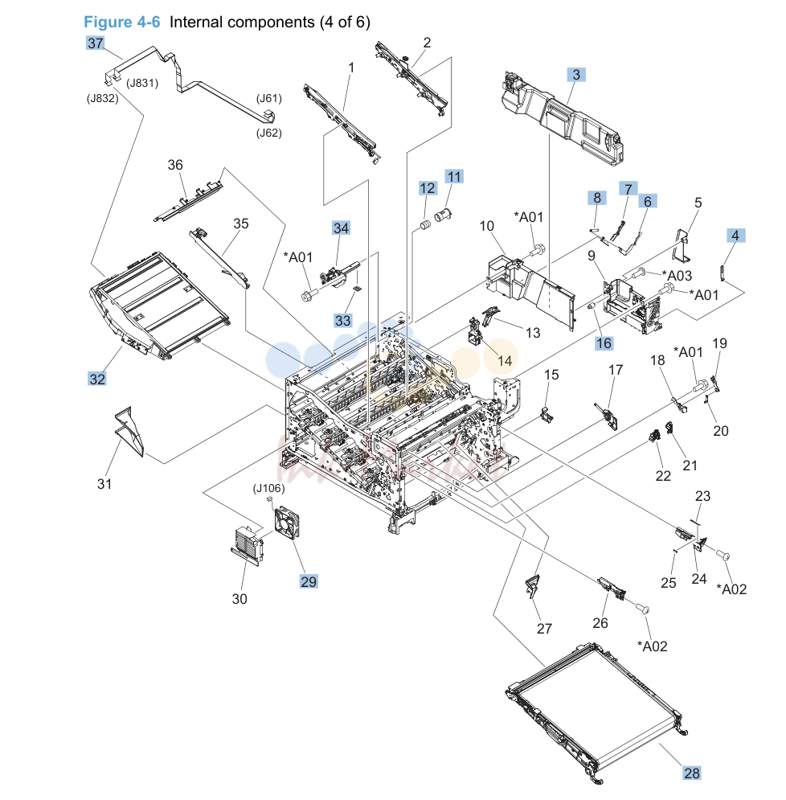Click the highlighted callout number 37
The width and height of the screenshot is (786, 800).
(x=96, y=43)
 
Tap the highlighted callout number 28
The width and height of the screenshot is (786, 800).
(x=692, y=773)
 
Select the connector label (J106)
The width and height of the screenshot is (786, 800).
(x=268, y=488)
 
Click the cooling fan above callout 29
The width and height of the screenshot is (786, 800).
(x=287, y=523)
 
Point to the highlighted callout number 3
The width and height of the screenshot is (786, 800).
(x=576, y=75)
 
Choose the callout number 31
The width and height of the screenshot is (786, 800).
(x=104, y=484)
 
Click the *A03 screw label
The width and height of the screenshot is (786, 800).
(x=677, y=276)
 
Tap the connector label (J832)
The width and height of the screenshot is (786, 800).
(x=103, y=98)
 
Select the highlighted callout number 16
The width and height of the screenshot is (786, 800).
(x=604, y=343)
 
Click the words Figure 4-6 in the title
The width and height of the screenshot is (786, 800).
(x=122, y=22)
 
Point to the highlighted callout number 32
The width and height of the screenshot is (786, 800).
(x=97, y=379)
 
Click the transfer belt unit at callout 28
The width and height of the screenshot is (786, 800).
(x=598, y=711)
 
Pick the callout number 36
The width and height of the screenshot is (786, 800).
(x=175, y=165)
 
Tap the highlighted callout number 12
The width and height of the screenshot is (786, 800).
(x=428, y=188)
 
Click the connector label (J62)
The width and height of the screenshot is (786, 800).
(x=268, y=133)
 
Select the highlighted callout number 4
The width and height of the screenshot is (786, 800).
(x=735, y=236)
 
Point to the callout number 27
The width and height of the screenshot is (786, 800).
(x=544, y=629)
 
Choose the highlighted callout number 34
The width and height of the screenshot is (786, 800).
(x=341, y=228)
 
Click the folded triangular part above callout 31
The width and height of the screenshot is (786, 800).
(x=129, y=432)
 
